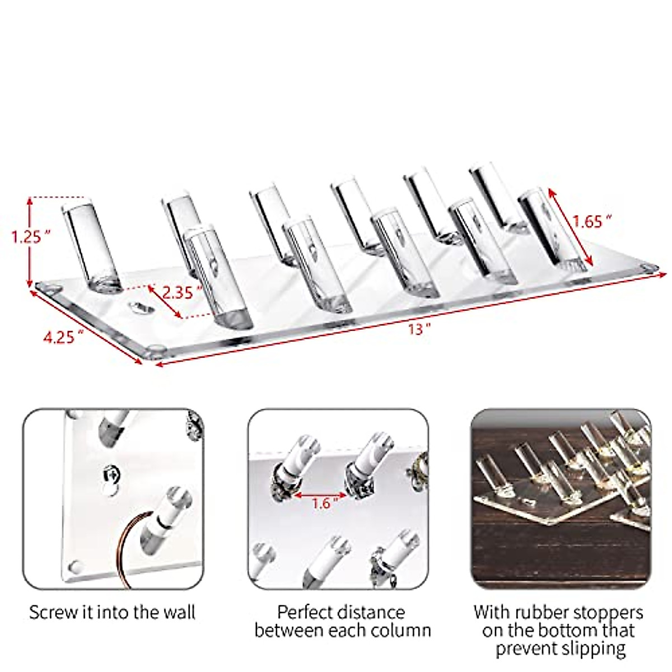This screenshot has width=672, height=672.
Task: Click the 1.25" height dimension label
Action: coord(27,237)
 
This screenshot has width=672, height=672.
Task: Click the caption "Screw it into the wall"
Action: coord(112,612)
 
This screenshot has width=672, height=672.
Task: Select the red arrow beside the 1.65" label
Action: coord(570,226)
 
